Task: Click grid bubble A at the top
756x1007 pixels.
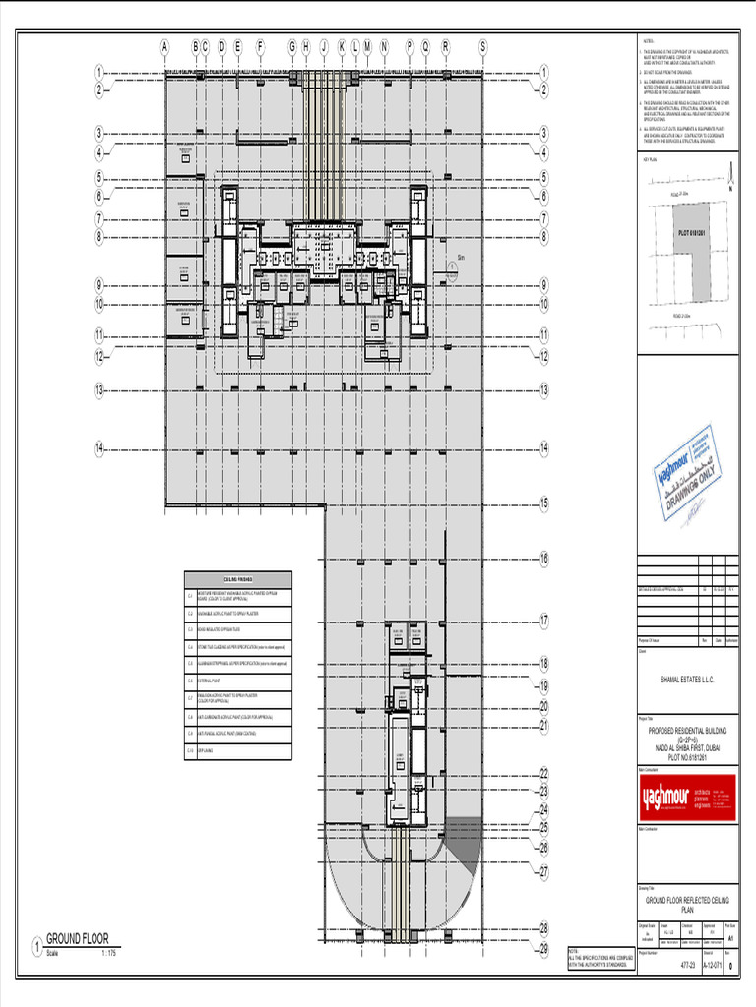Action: coord(165,45)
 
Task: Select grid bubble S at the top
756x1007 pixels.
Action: coord(483,45)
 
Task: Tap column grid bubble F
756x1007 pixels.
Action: coord(261,45)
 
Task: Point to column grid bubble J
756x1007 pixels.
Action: coord(323,45)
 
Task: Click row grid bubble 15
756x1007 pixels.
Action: coord(543,503)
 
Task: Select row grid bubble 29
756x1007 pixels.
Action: coord(543,949)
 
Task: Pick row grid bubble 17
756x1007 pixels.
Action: coord(543,621)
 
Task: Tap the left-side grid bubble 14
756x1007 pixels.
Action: coord(99,448)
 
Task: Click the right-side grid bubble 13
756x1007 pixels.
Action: coord(543,390)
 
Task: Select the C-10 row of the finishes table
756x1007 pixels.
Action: coord(238,749)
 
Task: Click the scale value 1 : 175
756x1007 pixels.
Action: coord(109,954)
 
